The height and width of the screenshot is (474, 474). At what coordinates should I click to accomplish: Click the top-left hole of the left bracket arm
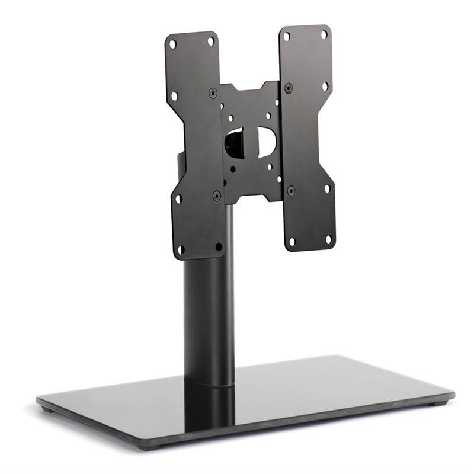[172, 44]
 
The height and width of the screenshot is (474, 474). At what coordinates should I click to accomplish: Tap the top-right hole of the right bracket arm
[324, 35]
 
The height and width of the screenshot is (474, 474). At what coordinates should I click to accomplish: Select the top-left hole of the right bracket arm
[287, 37]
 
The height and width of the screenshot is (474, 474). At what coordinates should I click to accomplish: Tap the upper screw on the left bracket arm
[213, 93]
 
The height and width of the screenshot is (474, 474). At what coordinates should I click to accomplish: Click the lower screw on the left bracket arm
[217, 195]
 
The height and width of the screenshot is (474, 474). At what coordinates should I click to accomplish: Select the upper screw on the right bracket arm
[289, 88]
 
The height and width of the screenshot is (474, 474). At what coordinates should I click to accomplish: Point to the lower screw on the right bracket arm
[291, 190]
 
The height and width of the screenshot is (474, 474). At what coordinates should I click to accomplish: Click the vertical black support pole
[207, 314]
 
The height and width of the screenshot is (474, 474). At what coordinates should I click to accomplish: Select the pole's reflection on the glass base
[209, 409]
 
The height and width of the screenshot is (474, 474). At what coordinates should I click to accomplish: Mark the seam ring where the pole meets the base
[209, 385]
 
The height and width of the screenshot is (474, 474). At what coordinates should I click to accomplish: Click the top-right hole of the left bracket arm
[210, 41]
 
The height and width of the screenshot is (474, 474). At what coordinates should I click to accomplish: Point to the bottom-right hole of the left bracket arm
[219, 246]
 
